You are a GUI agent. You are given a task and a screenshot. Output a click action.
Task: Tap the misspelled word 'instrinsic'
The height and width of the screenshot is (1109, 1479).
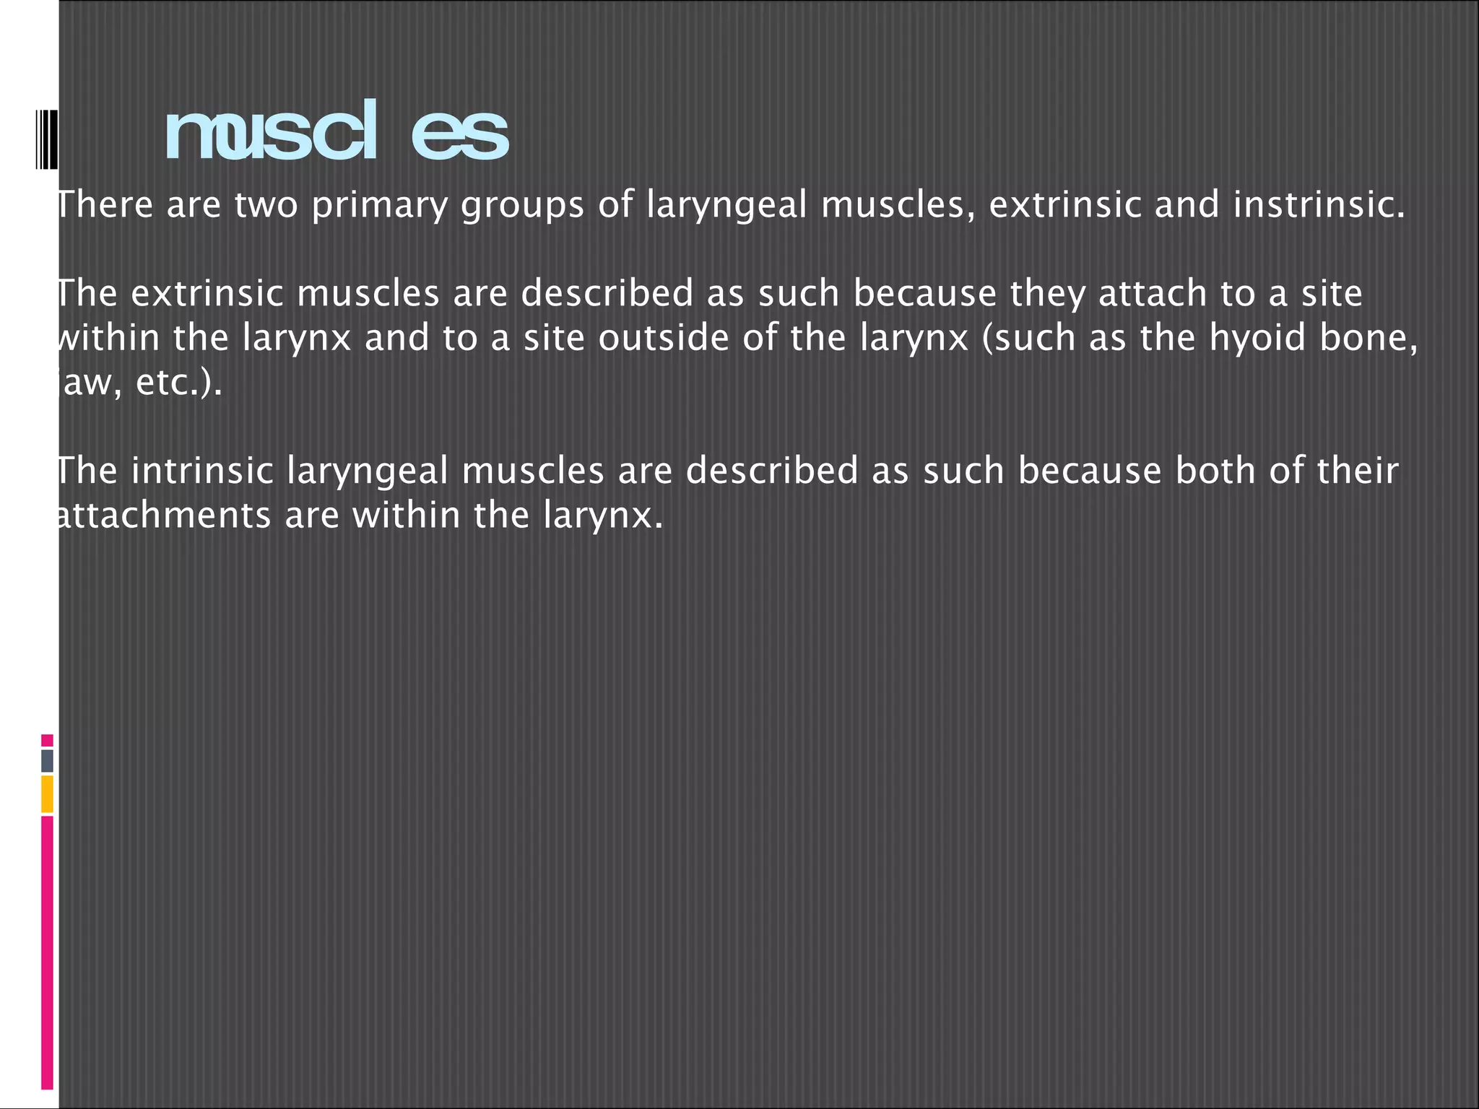click(x=1319, y=205)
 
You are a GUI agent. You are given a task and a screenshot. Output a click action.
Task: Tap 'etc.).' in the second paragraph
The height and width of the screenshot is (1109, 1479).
click(x=178, y=383)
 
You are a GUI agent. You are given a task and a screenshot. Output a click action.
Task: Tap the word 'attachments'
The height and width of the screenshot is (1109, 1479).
click(x=163, y=516)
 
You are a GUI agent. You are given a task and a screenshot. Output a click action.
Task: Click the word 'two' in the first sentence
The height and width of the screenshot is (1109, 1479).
click(x=266, y=205)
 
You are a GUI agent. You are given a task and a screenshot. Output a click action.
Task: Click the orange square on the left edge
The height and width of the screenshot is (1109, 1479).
click(x=47, y=793)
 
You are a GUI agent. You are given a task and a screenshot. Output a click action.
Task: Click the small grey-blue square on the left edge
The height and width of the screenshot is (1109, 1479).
click(x=47, y=760)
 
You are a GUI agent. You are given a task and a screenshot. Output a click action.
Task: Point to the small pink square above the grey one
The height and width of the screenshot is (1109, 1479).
click(x=47, y=740)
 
